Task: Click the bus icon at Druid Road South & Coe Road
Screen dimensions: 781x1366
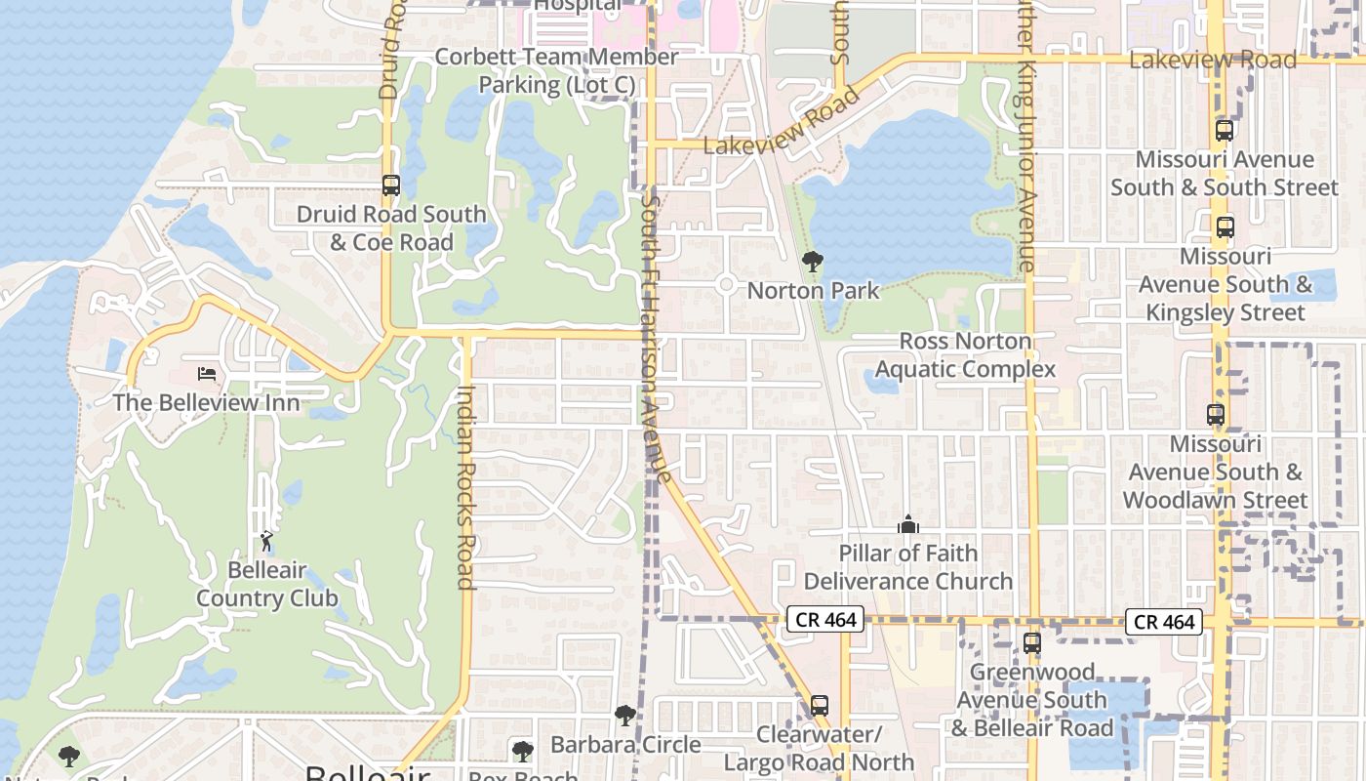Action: [x=391, y=185]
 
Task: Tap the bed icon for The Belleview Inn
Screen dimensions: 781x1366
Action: [x=207, y=374]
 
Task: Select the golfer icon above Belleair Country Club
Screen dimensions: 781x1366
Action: [x=266, y=540]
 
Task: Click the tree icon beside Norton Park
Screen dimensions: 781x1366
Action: [x=812, y=262]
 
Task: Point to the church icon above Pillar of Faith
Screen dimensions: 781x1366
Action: [x=908, y=525]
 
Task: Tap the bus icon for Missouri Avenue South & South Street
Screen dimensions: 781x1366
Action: [x=1225, y=130]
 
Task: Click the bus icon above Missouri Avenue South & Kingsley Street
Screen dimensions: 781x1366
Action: [x=1225, y=227]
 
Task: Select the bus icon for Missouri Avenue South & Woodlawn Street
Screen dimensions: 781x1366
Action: [x=1216, y=415]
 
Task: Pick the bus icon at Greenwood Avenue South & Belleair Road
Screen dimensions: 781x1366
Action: [x=1032, y=643]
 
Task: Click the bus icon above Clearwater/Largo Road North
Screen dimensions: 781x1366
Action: [x=820, y=706]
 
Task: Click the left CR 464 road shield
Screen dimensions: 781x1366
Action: [x=825, y=619]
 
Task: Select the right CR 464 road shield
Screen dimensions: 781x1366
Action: [x=1165, y=622]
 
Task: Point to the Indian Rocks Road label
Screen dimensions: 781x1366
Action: [x=466, y=486]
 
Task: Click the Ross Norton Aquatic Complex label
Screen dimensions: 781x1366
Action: [x=965, y=354]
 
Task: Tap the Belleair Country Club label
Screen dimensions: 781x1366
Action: [x=267, y=584]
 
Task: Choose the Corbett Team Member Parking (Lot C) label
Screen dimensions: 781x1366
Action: [x=556, y=71]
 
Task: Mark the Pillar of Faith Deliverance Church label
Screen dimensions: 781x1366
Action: [x=908, y=567]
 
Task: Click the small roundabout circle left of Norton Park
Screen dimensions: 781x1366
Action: [x=726, y=285]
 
